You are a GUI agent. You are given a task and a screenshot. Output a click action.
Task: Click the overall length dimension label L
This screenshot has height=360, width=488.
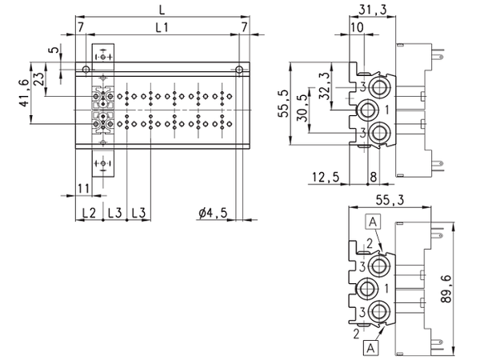[162, 10]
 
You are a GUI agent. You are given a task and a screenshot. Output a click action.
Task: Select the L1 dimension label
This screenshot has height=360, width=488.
[161, 28]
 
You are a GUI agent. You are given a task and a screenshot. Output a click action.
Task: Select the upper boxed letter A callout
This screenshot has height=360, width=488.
[373, 221]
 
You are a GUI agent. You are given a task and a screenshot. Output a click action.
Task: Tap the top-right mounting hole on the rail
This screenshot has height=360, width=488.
[238, 69]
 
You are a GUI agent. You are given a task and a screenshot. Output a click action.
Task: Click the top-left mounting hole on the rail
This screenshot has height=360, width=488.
[82, 69]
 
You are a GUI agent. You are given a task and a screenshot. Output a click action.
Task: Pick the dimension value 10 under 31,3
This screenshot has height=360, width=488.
[357, 28]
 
